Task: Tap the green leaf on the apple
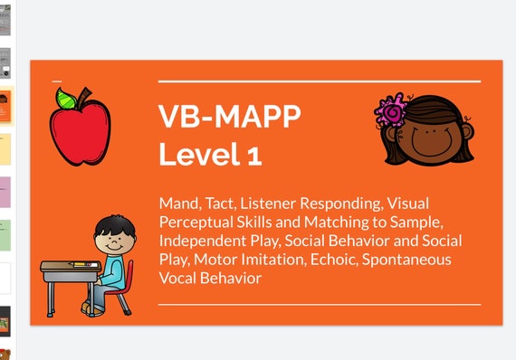[66, 98]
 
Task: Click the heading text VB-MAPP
[229, 117]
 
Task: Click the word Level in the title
[196, 155]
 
